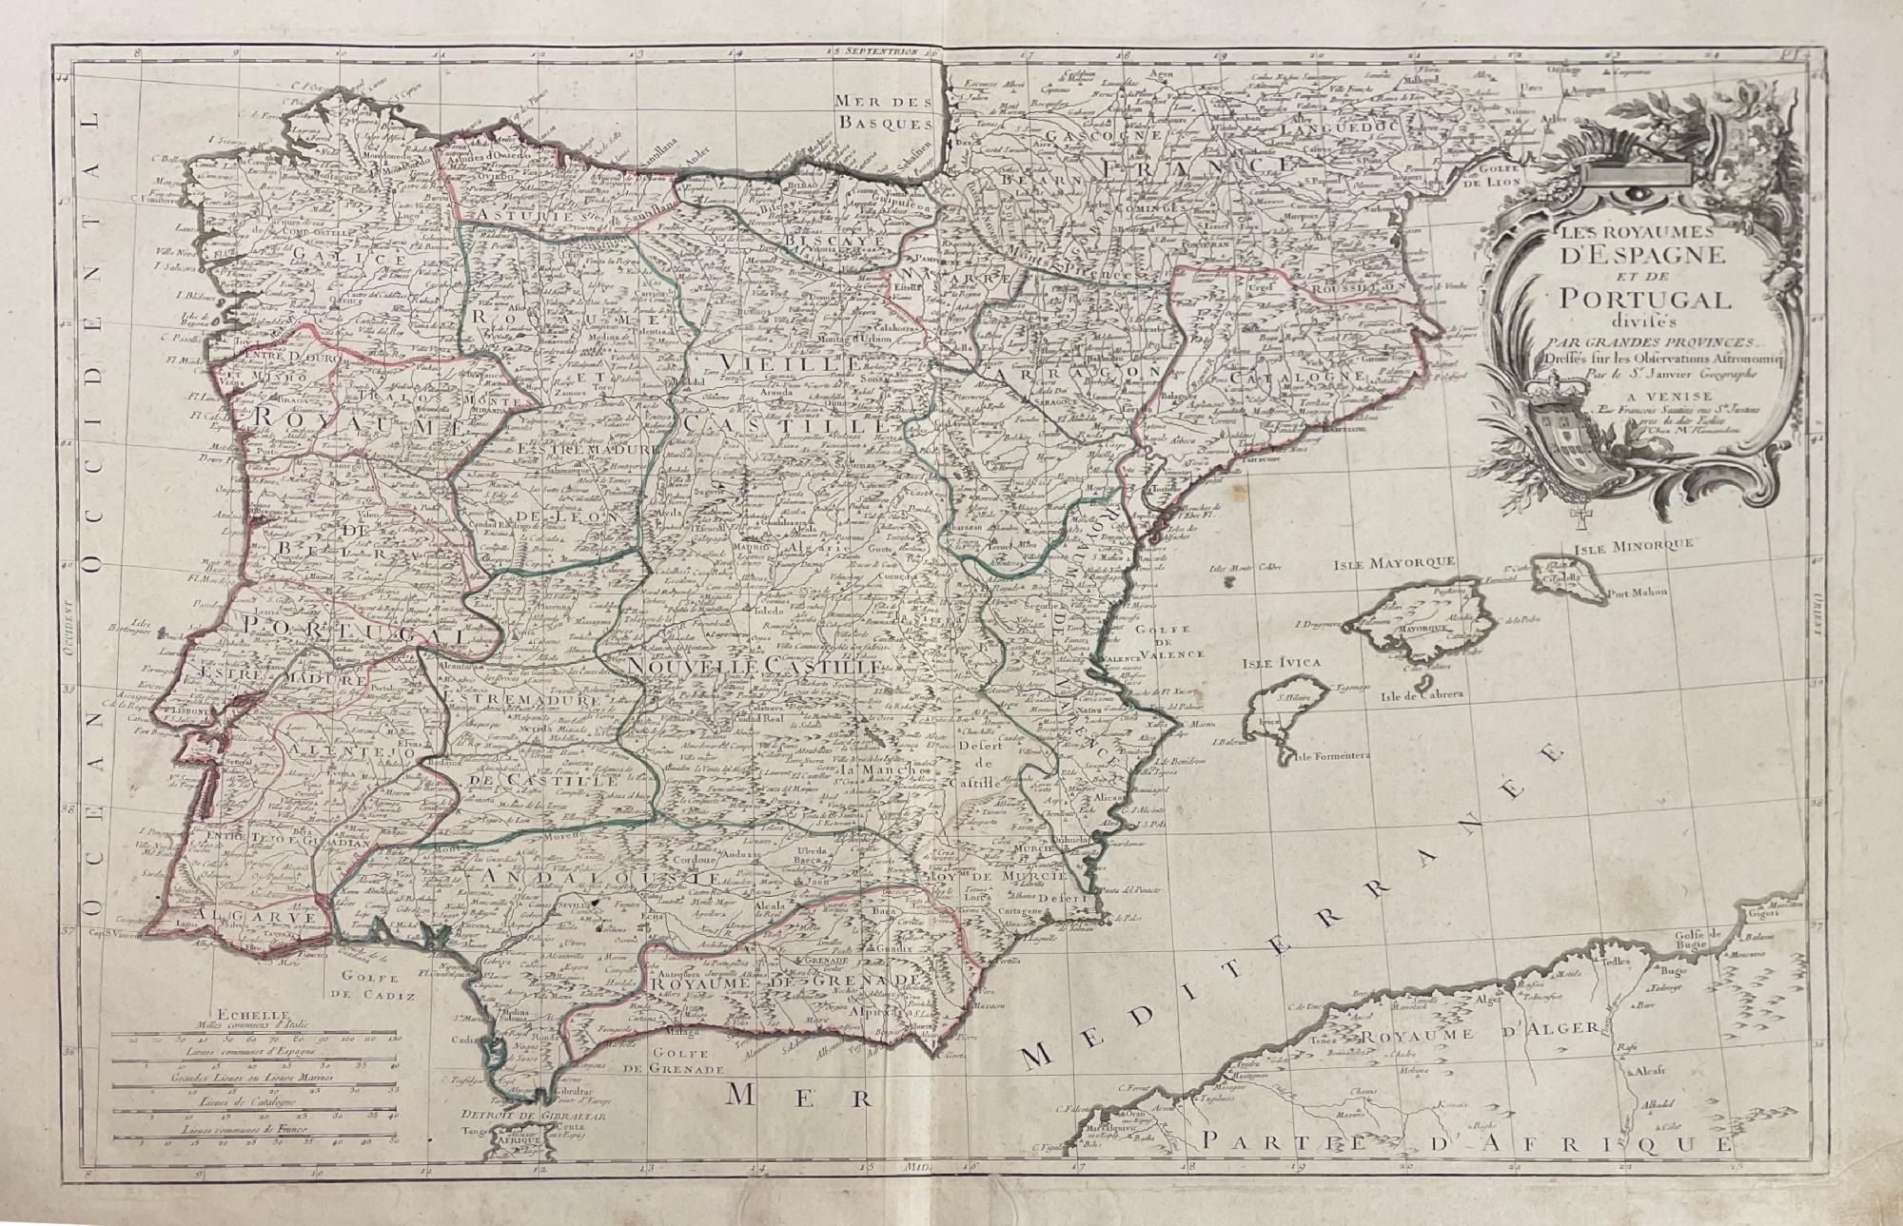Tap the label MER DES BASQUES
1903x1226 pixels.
click(x=881, y=111)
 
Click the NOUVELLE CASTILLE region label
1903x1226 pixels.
click(x=756, y=669)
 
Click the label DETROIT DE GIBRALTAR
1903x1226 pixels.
click(x=513, y=1116)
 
